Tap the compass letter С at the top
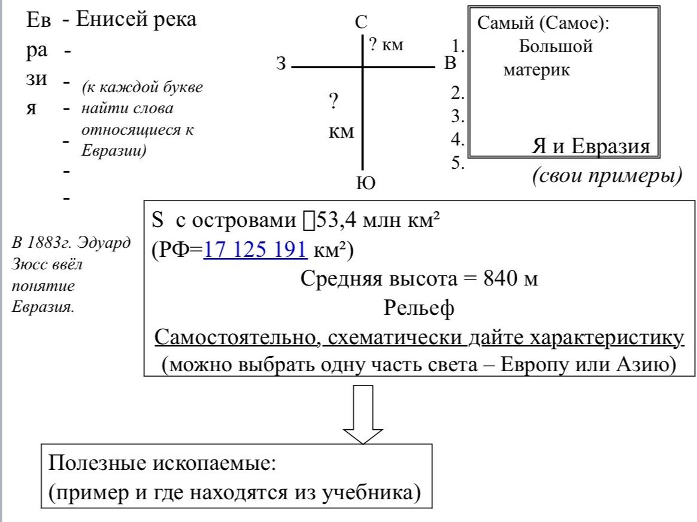click(362, 22)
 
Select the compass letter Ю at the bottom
click(366, 183)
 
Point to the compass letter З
click(281, 63)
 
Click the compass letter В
click(450, 63)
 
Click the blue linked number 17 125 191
click(255, 250)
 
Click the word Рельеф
click(419, 308)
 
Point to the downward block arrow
click(363, 414)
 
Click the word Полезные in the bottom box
click(98, 463)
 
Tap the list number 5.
click(458, 163)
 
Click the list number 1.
click(458, 46)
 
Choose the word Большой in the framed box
click(556, 46)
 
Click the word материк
click(537, 71)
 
